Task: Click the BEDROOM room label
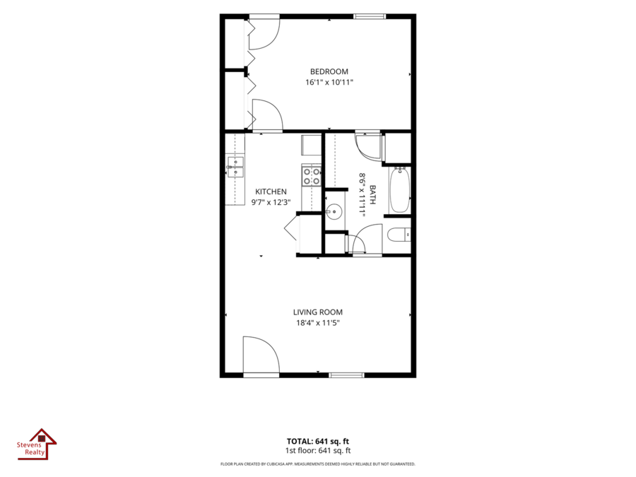(329, 72)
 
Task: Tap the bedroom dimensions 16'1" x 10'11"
(329, 83)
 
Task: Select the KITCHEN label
(271, 192)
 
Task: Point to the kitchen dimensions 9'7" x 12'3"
(271, 202)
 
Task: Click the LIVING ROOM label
(318, 312)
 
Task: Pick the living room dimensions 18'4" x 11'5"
(318, 323)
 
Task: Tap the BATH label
(372, 195)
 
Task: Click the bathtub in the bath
(399, 190)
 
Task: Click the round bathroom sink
(334, 212)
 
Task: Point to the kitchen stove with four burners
(312, 176)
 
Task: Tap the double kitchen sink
(235, 167)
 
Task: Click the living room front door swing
(261, 354)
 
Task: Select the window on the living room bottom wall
(346, 375)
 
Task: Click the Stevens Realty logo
(37, 444)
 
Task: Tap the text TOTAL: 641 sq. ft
(318, 441)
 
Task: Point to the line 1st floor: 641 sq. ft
(318, 451)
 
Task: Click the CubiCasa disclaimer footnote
(318, 464)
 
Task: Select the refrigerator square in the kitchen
(311, 145)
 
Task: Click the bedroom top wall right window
(370, 17)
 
